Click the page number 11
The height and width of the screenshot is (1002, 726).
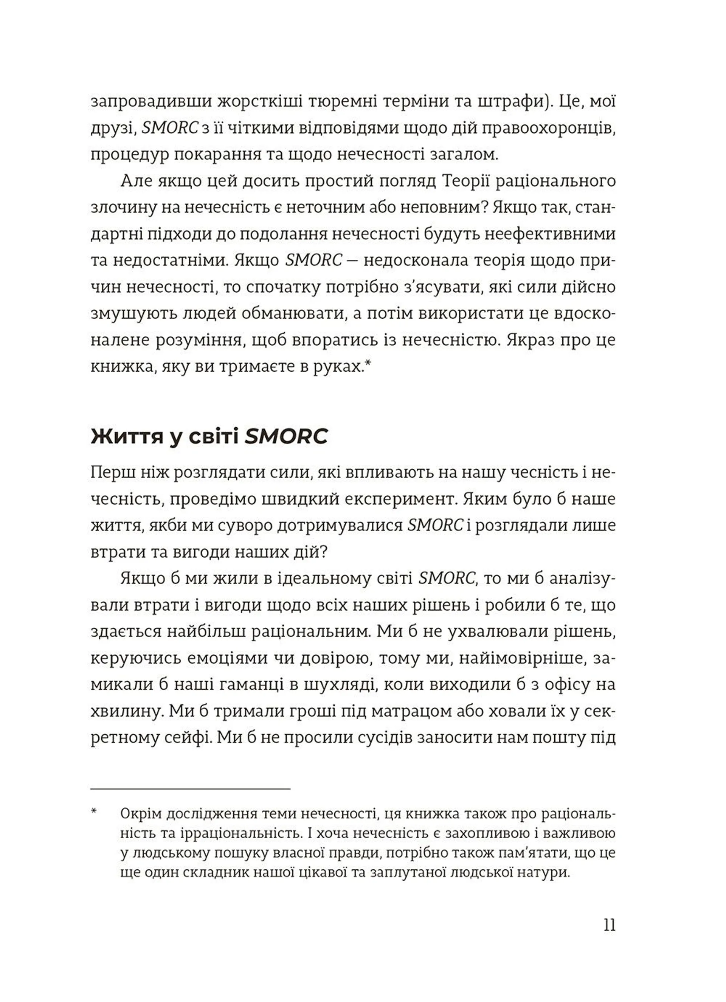coord(609,925)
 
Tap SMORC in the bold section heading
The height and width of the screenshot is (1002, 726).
coord(286,437)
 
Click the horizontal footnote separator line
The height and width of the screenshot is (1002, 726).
coord(191,788)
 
